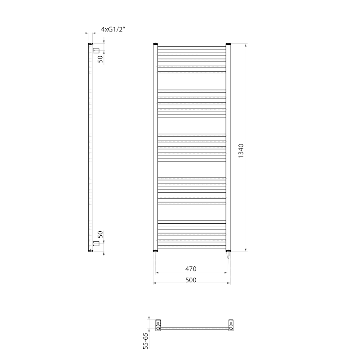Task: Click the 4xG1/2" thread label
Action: [112, 29]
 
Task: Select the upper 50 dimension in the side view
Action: [101, 58]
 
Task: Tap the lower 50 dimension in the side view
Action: [101, 234]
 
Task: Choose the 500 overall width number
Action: [191, 280]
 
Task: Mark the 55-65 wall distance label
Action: [145, 341]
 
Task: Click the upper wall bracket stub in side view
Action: [96, 50]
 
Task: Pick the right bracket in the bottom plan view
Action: [230, 325]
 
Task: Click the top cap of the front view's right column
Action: [228, 44]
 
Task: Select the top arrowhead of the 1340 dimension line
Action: [246, 45]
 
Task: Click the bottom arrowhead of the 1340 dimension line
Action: [246, 250]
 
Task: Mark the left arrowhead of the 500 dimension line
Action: [155, 283]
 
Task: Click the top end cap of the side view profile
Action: [90, 44]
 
